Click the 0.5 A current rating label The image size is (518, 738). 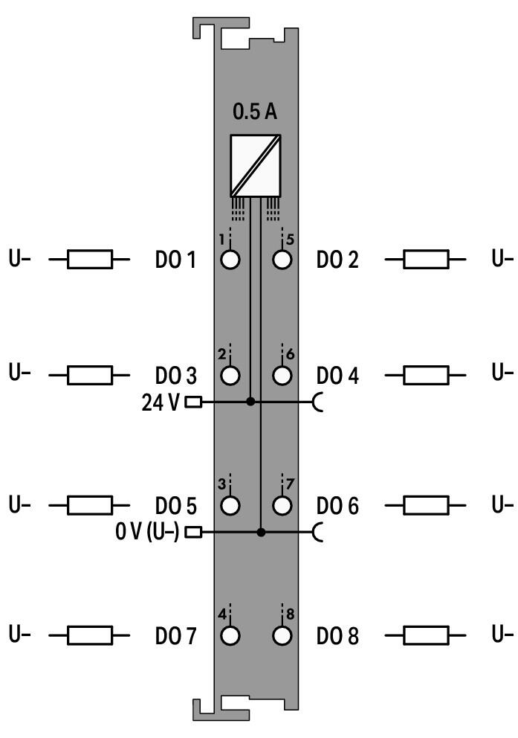click(x=255, y=112)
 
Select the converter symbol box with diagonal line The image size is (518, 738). click(x=255, y=166)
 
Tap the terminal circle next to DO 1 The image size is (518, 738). click(x=230, y=260)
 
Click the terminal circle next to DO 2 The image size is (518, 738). click(x=282, y=260)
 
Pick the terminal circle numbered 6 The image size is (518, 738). click(x=282, y=376)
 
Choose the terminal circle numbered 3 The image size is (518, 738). click(x=230, y=505)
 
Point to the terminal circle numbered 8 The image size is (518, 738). click(x=282, y=636)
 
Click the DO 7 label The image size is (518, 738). click(x=175, y=636)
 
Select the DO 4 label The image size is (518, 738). click(x=337, y=376)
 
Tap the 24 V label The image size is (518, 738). click(x=161, y=402)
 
